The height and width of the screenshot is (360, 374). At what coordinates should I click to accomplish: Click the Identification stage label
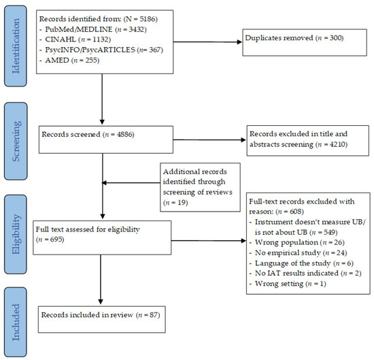(16, 46)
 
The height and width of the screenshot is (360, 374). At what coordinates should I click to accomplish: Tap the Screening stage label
(16, 141)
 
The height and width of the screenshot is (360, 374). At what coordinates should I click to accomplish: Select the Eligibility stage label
(16, 234)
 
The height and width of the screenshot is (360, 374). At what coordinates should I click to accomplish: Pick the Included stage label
(16, 322)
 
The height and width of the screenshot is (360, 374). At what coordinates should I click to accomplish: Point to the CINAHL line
(75, 39)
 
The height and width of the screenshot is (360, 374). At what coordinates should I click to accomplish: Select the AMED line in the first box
(69, 60)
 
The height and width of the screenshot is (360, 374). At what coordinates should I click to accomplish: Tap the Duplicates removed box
(305, 42)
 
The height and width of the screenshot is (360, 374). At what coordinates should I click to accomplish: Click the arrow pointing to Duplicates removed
(207, 42)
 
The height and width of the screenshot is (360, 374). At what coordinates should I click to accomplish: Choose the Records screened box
(106, 140)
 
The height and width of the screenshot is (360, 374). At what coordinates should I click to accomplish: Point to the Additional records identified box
(200, 187)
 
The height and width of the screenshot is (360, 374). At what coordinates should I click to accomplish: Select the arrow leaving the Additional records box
(131, 183)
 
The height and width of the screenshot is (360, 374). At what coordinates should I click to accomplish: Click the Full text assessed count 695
(56, 240)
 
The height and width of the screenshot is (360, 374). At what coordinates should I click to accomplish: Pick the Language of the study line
(301, 263)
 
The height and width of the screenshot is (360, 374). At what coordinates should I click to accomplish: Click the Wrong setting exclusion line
(288, 284)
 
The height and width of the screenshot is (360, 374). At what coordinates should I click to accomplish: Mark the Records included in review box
(102, 319)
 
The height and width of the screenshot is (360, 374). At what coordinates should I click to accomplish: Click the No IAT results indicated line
(305, 273)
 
